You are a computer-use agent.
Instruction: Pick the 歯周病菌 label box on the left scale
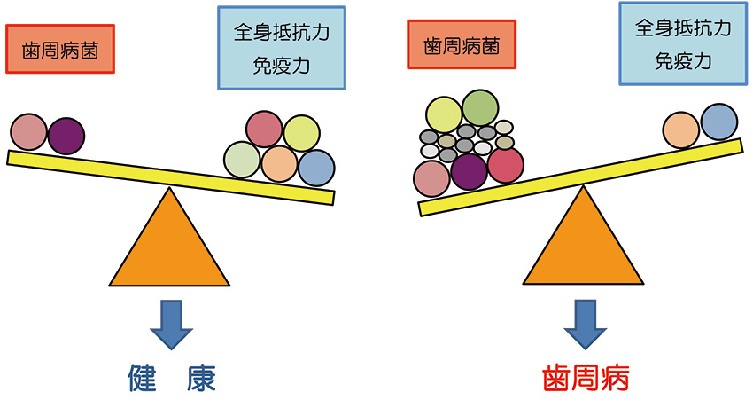(60, 49)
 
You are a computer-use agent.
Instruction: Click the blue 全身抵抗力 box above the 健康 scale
(281, 48)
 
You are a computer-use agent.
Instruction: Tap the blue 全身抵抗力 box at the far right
(683, 43)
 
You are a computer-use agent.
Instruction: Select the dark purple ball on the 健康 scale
(66, 136)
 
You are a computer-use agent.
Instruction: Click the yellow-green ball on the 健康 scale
(301, 133)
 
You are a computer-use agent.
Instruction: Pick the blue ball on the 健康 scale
(316, 167)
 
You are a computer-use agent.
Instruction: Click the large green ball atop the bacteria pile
(480, 108)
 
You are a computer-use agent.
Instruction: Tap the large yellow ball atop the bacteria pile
(444, 115)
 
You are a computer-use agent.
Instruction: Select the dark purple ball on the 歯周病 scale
(469, 171)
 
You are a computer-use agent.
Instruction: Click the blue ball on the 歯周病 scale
(718, 122)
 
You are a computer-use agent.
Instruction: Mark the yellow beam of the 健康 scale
(168, 177)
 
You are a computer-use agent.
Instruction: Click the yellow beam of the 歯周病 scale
(580, 177)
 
